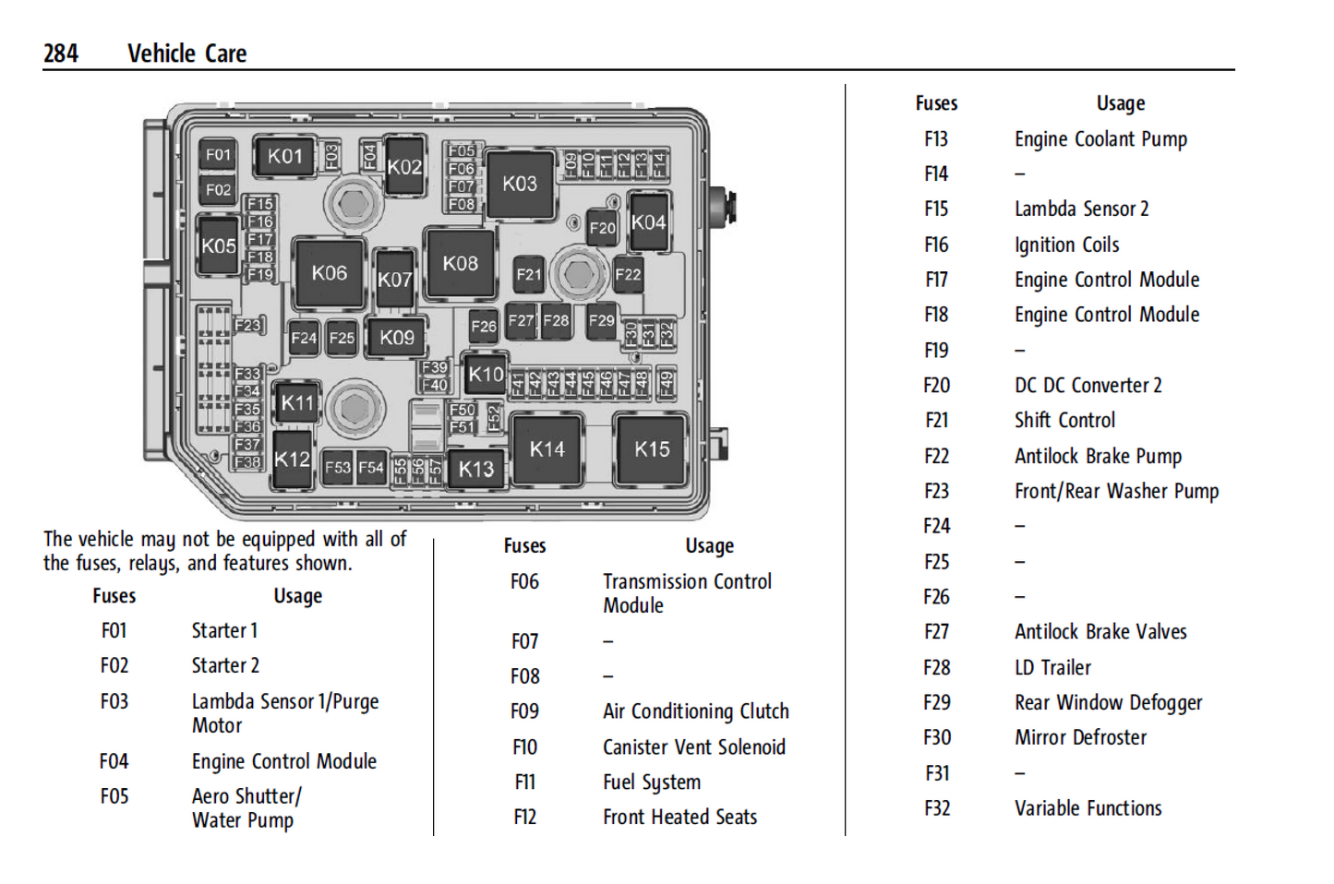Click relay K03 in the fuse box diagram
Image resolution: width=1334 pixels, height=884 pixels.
520,184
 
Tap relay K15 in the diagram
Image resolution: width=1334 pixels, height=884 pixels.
652,449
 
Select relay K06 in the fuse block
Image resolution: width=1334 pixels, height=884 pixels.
329,273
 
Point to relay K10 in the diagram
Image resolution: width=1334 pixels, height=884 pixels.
486,374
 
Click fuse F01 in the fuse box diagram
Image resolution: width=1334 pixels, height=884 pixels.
218,155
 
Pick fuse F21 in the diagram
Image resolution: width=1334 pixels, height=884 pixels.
529,274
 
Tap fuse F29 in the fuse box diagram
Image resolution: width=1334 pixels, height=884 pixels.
601,320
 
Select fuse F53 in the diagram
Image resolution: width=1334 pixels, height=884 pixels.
337,468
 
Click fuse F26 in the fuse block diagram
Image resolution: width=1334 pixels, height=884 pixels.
484,325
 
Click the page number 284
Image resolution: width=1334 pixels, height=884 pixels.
61,54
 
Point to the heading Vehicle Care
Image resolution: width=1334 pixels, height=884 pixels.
186,54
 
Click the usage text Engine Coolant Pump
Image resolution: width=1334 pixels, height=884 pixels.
1100,139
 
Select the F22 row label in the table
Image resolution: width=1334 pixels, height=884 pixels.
936,456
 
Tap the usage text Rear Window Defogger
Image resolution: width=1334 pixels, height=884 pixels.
1108,703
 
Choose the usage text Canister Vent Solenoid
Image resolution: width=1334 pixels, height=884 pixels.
693,747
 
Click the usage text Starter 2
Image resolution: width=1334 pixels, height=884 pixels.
225,665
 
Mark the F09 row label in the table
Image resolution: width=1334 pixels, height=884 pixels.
524,711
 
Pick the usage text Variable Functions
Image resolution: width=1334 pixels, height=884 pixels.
1088,808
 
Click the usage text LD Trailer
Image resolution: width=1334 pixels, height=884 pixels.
1052,667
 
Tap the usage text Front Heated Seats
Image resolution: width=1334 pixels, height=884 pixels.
679,818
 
